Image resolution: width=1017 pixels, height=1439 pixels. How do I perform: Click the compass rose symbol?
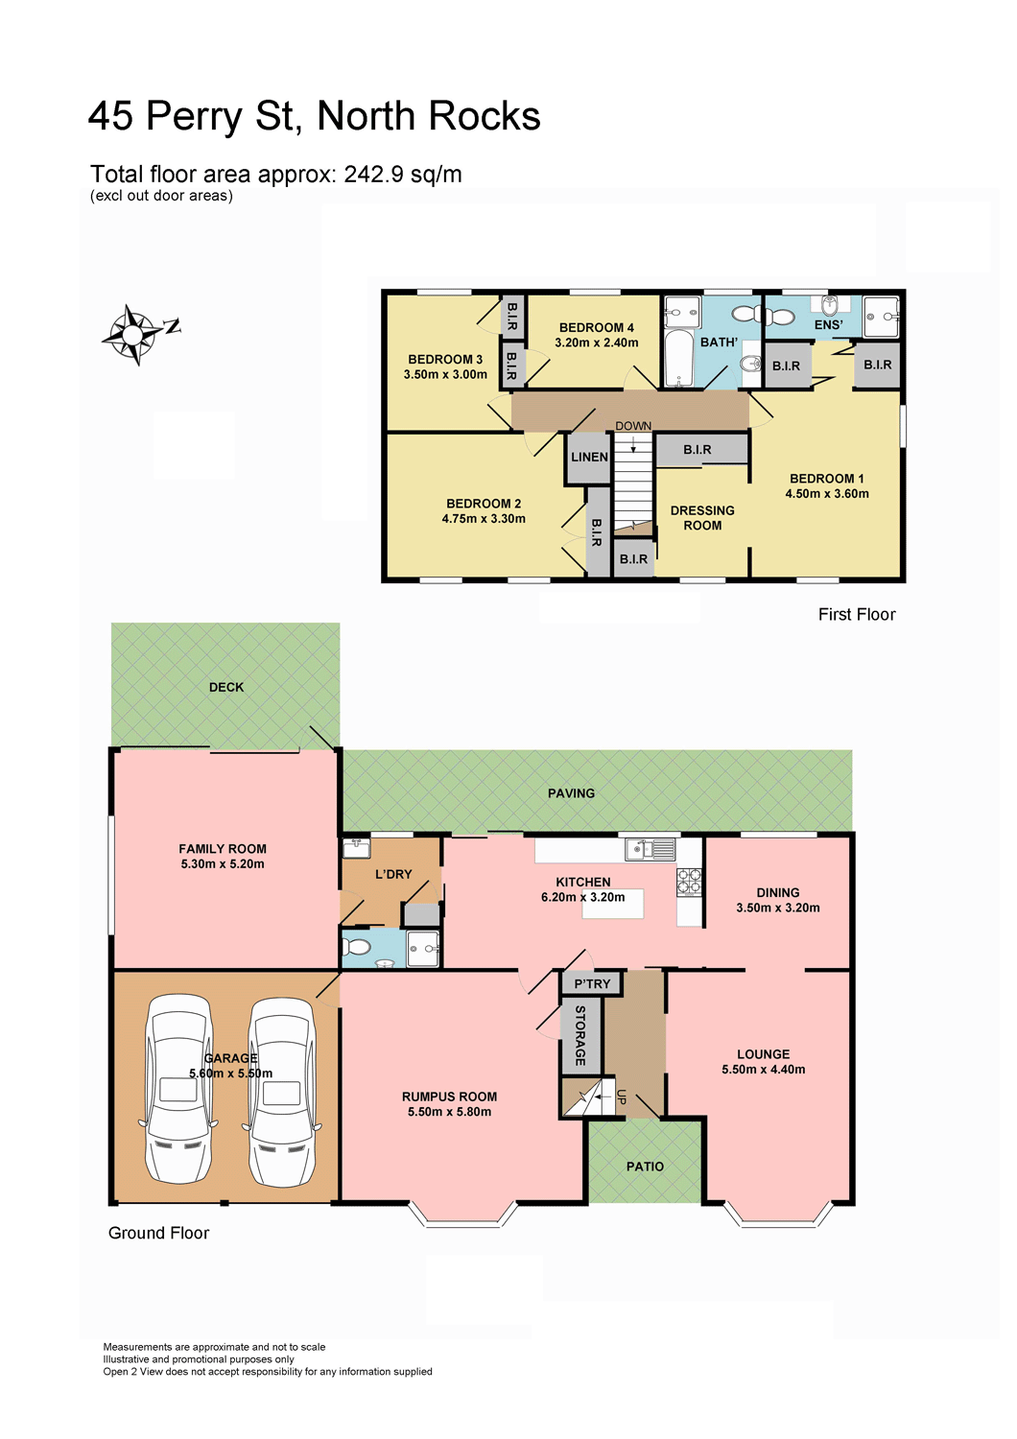tap(132, 334)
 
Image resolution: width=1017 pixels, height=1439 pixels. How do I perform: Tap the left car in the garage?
tap(178, 1089)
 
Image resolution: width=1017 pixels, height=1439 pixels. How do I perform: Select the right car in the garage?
tap(281, 1091)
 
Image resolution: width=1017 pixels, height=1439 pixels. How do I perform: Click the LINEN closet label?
tap(589, 457)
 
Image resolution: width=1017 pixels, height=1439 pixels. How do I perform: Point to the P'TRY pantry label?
tap(592, 983)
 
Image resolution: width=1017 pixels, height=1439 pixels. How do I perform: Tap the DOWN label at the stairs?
tap(633, 426)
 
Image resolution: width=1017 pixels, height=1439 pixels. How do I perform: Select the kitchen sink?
tap(650, 849)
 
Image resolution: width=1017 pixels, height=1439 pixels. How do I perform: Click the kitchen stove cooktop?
tap(689, 881)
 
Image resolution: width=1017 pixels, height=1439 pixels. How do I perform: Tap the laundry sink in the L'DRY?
tap(356, 849)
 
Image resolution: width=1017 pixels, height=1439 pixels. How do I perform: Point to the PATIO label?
tap(645, 1167)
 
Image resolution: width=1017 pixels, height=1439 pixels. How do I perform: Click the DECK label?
tap(226, 688)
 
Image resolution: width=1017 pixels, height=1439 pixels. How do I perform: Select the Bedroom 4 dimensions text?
tap(596, 343)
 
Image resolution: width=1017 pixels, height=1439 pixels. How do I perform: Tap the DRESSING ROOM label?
tap(702, 518)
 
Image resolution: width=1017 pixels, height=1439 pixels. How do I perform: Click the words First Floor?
tap(857, 615)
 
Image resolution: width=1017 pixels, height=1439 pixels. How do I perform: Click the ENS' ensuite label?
tap(828, 325)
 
